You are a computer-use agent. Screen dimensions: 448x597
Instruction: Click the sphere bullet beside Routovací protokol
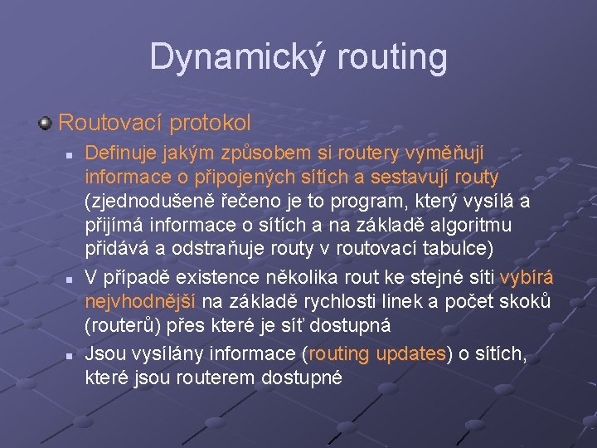tap(46, 124)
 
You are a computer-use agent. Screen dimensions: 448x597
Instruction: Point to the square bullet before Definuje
tap(71, 154)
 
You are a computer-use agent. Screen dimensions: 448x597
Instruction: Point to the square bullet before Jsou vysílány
tap(71, 355)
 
